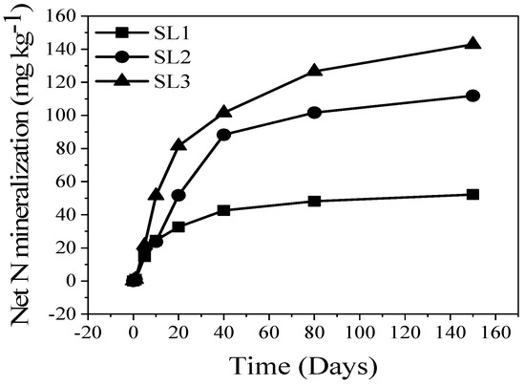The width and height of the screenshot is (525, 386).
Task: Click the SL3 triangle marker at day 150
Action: [x=471, y=44]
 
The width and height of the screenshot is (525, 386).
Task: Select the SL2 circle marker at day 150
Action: [x=471, y=96]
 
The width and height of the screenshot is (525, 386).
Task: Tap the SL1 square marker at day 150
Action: [x=471, y=194]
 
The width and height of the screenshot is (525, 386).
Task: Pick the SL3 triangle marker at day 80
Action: [x=314, y=71]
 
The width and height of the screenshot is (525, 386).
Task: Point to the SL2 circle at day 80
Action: [x=314, y=112]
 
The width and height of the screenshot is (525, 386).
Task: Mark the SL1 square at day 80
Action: [x=314, y=201]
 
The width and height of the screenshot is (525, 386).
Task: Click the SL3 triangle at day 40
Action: [x=223, y=112]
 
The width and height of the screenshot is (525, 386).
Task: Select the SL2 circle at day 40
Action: [x=223, y=135]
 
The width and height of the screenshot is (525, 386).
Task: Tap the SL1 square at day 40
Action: [x=223, y=210]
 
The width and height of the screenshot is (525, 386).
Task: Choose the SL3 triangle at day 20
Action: [x=178, y=145]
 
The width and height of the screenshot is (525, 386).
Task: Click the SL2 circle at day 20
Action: [x=178, y=195]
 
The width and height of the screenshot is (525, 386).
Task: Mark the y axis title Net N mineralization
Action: [x=21, y=164]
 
